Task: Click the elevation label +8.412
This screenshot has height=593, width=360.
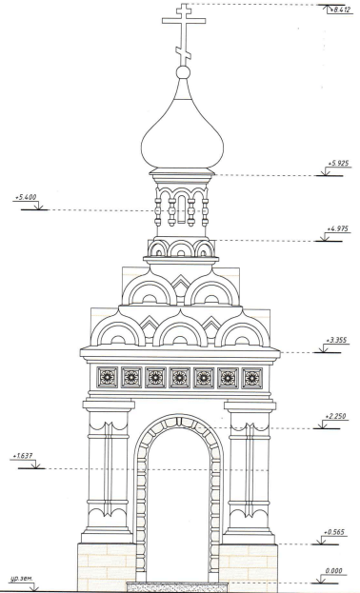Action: [x=340, y=10]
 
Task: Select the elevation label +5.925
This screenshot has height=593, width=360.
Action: [x=338, y=164]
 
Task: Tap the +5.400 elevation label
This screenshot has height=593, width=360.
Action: [x=26, y=197]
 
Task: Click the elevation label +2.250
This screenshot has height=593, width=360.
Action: [x=335, y=416]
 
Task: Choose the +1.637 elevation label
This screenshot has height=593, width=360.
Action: [x=22, y=456]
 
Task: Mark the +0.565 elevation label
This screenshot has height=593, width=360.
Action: [x=334, y=532]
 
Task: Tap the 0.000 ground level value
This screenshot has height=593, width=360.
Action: [x=334, y=571]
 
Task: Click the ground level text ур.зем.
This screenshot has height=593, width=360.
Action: [x=22, y=579]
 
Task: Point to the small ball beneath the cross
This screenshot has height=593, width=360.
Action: [x=183, y=72]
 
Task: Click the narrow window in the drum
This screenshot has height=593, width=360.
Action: [x=182, y=209]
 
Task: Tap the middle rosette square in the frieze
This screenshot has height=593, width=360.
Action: [x=179, y=377]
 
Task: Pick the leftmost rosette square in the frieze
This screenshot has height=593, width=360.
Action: [x=107, y=377]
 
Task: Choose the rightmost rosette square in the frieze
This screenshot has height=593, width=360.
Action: [x=252, y=377]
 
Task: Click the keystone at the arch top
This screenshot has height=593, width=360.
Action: [x=179, y=421]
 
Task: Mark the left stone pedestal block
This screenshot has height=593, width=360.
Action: [x=107, y=566]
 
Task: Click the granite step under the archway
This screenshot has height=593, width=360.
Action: [x=179, y=587]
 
